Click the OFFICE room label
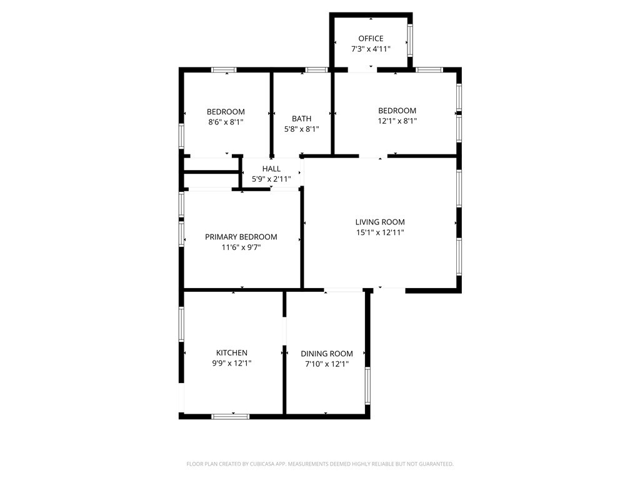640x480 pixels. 371,39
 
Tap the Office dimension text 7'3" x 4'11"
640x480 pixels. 371,49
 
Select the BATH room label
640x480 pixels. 302,119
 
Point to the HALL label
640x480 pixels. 271,169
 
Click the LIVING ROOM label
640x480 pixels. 380,222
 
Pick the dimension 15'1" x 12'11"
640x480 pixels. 380,232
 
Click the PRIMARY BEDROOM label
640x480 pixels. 241,237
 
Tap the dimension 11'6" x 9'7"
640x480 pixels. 241,247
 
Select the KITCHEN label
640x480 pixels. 231,352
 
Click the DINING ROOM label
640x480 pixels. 326,354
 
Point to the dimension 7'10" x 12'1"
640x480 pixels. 326,364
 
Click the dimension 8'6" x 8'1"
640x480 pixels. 226,122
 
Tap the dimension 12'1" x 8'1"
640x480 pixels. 397,121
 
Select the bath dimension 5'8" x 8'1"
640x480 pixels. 302,129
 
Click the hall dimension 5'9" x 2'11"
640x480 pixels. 271,179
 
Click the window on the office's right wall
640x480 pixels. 410,40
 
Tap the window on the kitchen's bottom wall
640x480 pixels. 230,416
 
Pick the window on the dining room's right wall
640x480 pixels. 367,386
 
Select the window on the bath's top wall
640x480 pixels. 317,70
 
